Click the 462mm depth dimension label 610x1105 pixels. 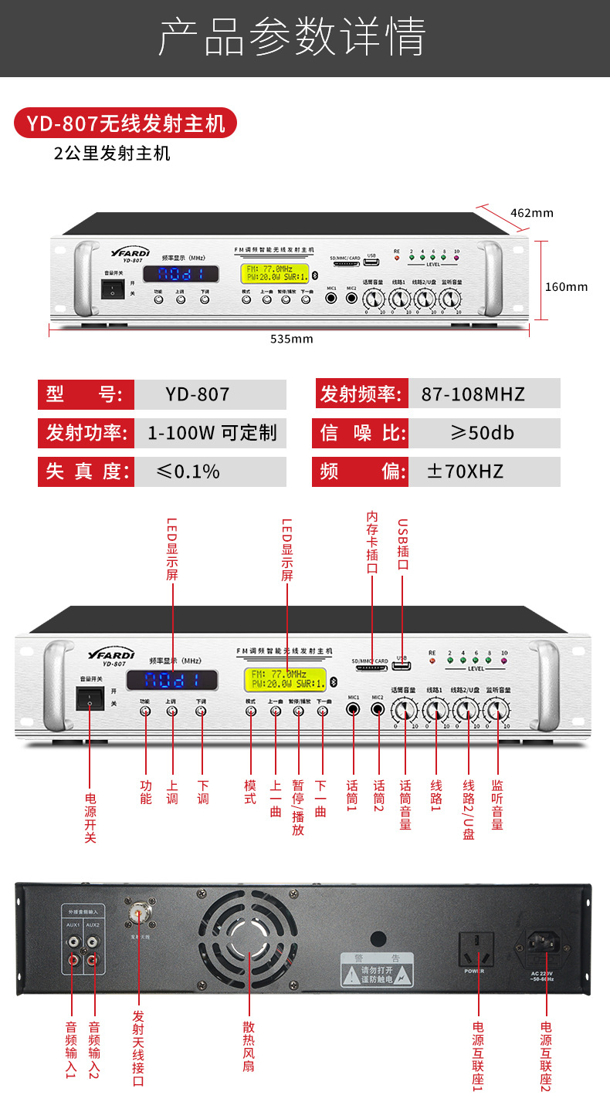pyautogui.click(x=532, y=213)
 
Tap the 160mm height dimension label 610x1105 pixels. pyautogui.click(x=566, y=286)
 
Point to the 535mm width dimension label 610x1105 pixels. pyautogui.click(x=291, y=339)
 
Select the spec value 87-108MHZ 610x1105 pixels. pyautogui.click(x=473, y=394)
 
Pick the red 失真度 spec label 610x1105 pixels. pyautogui.click(x=85, y=471)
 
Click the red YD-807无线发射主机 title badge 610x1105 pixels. pyautogui.click(x=125, y=123)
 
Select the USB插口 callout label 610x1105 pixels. pyautogui.click(x=402, y=544)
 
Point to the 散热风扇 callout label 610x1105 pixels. pyautogui.click(x=249, y=1046)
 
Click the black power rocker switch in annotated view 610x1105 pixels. pyautogui.click(x=90, y=698)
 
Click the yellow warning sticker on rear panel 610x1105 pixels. pyautogui.click(x=377, y=968)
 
